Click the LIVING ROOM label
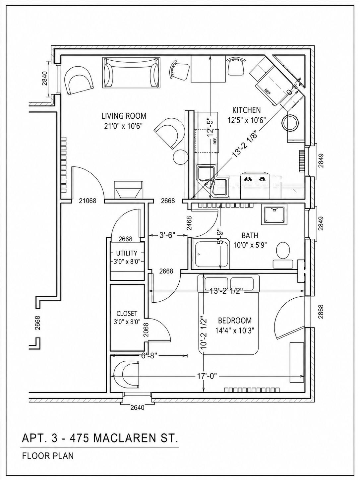click(x=124, y=116)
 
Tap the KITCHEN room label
click(x=246, y=110)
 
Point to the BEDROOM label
click(x=235, y=321)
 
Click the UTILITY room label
click(x=127, y=253)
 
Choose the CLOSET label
click(x=127, y=314)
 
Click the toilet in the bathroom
click(x=283, y=255)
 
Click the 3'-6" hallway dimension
click(x=168, y=235)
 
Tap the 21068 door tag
click(x=88, y=201)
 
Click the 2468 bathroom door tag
click(x=190, y=223)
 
